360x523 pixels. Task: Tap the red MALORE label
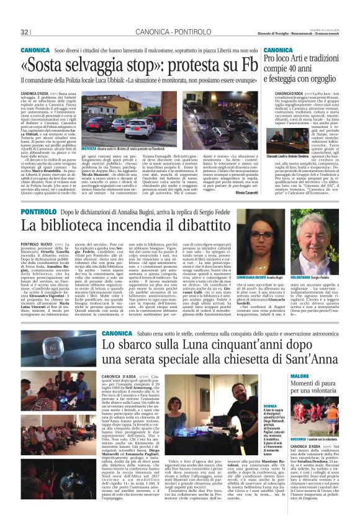pos(316,376)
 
